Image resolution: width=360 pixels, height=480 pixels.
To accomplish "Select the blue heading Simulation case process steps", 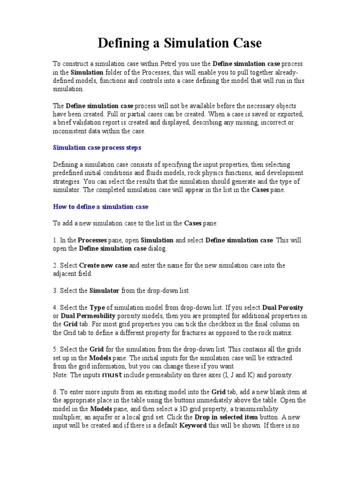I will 97,148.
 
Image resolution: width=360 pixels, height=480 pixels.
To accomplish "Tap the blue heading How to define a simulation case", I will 100,206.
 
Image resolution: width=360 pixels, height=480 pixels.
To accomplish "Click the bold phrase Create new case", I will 103,265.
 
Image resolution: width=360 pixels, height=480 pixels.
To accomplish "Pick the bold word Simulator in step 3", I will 105,291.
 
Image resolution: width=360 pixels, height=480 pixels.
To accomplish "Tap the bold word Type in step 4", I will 97,307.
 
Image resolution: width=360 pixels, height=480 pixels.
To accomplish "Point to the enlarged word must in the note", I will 112,375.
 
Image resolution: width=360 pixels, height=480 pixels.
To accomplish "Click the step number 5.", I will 54,350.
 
